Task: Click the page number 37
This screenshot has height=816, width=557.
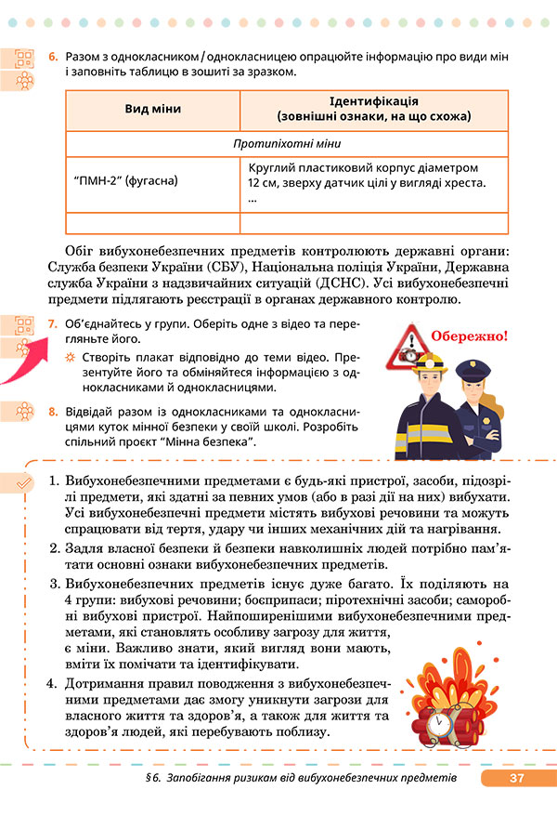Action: point(517,779)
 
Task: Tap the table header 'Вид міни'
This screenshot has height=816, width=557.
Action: point(152,110)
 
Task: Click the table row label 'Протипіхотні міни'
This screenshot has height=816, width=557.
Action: point(287,144)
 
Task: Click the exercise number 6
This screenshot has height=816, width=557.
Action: point(52,58)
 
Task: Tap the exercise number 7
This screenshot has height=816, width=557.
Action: point(52,324)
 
